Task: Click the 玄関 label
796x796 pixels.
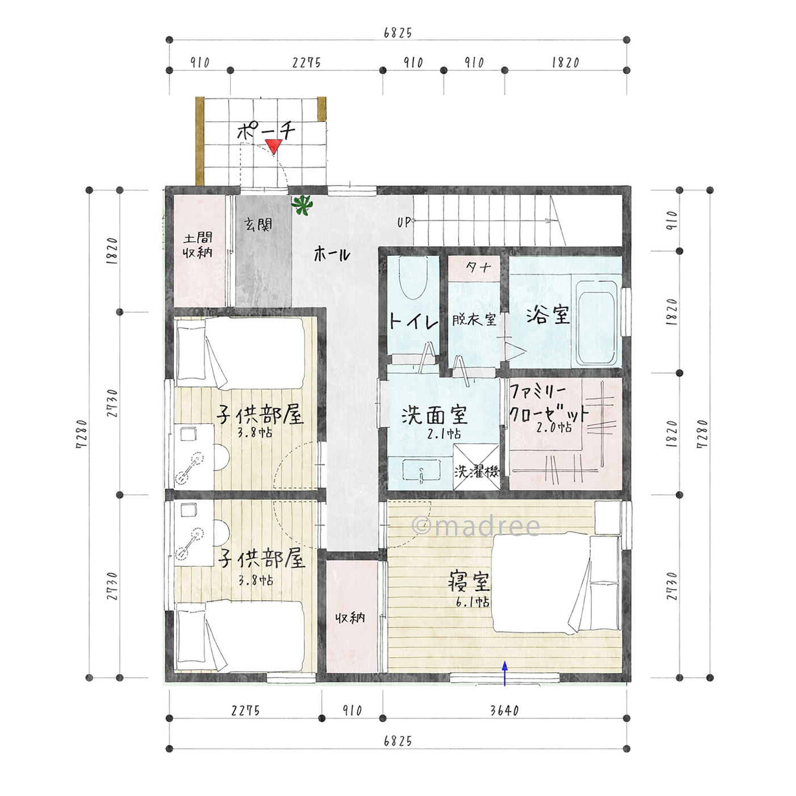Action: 258,225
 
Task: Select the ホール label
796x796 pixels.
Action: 332,254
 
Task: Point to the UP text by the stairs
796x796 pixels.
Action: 405,222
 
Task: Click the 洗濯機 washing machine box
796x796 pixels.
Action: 476,467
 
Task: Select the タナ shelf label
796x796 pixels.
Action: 478,268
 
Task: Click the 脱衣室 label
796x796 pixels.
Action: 474,320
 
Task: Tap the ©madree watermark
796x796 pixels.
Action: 476,526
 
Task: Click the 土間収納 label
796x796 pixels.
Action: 198,245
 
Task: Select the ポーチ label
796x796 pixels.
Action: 266,131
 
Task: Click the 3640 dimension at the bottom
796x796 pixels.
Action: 504,710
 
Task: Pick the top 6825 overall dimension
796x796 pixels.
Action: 398,33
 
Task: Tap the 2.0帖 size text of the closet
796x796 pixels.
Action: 554,428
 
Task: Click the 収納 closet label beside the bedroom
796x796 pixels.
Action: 350,618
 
